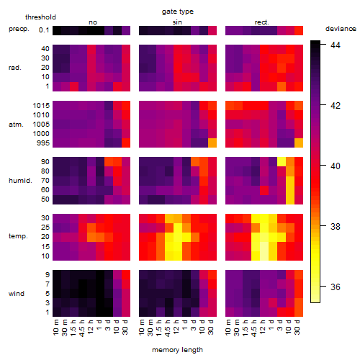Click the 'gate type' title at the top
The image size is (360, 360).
coord(178,12)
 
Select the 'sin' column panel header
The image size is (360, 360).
coord(177,22)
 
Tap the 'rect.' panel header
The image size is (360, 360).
coord(261,22)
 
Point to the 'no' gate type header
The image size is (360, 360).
coord(93,22)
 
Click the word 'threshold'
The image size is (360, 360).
coord(40,17)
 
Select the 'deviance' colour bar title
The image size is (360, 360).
coord(341,29)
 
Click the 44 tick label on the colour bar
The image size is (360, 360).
coord(336,45)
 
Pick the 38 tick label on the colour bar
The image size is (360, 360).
coord(336,226)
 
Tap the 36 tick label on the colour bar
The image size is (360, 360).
coord(336,287)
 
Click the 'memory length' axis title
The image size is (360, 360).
coord(177,350)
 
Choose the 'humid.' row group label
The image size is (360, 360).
coord(20,181)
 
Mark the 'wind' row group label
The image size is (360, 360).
coord(17,294)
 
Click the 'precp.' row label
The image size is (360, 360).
coord(19,29)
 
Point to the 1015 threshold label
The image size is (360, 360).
coord(41,106)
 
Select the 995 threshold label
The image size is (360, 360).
coord(43,143)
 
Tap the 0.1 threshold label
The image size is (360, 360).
coord(44,30)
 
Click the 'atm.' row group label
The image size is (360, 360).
coord(16,125)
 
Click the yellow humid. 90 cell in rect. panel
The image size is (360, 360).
coord(282,161)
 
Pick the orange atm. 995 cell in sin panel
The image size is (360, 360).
coord(212,143)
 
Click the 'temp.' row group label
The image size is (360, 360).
coord(18,236)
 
